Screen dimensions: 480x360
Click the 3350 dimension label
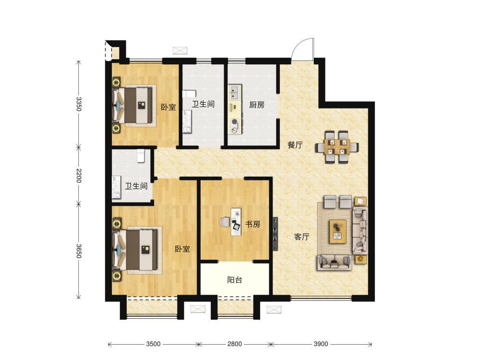(79, 104)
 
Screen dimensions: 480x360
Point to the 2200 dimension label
(79, 175)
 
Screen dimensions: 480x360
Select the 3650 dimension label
(79, 251)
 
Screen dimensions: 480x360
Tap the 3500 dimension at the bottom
(153, 344)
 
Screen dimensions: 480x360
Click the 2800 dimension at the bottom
(235, 344)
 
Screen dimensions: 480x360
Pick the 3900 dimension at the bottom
(321, 344)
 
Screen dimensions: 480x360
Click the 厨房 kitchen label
(256, 105)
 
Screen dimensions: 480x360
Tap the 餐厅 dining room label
(295, 145)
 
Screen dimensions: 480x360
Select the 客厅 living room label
(301, 237)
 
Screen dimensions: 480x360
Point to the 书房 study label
(253, 224)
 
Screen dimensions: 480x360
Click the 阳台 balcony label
(235, 280)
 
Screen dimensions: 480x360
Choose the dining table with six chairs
(337, 147)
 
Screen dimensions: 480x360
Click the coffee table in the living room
(338, 231)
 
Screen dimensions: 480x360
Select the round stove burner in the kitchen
(235, 121)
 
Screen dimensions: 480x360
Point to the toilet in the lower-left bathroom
(141, 156)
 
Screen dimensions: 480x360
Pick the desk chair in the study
(225, 222)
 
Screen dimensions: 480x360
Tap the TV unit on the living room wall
(276, 234)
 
